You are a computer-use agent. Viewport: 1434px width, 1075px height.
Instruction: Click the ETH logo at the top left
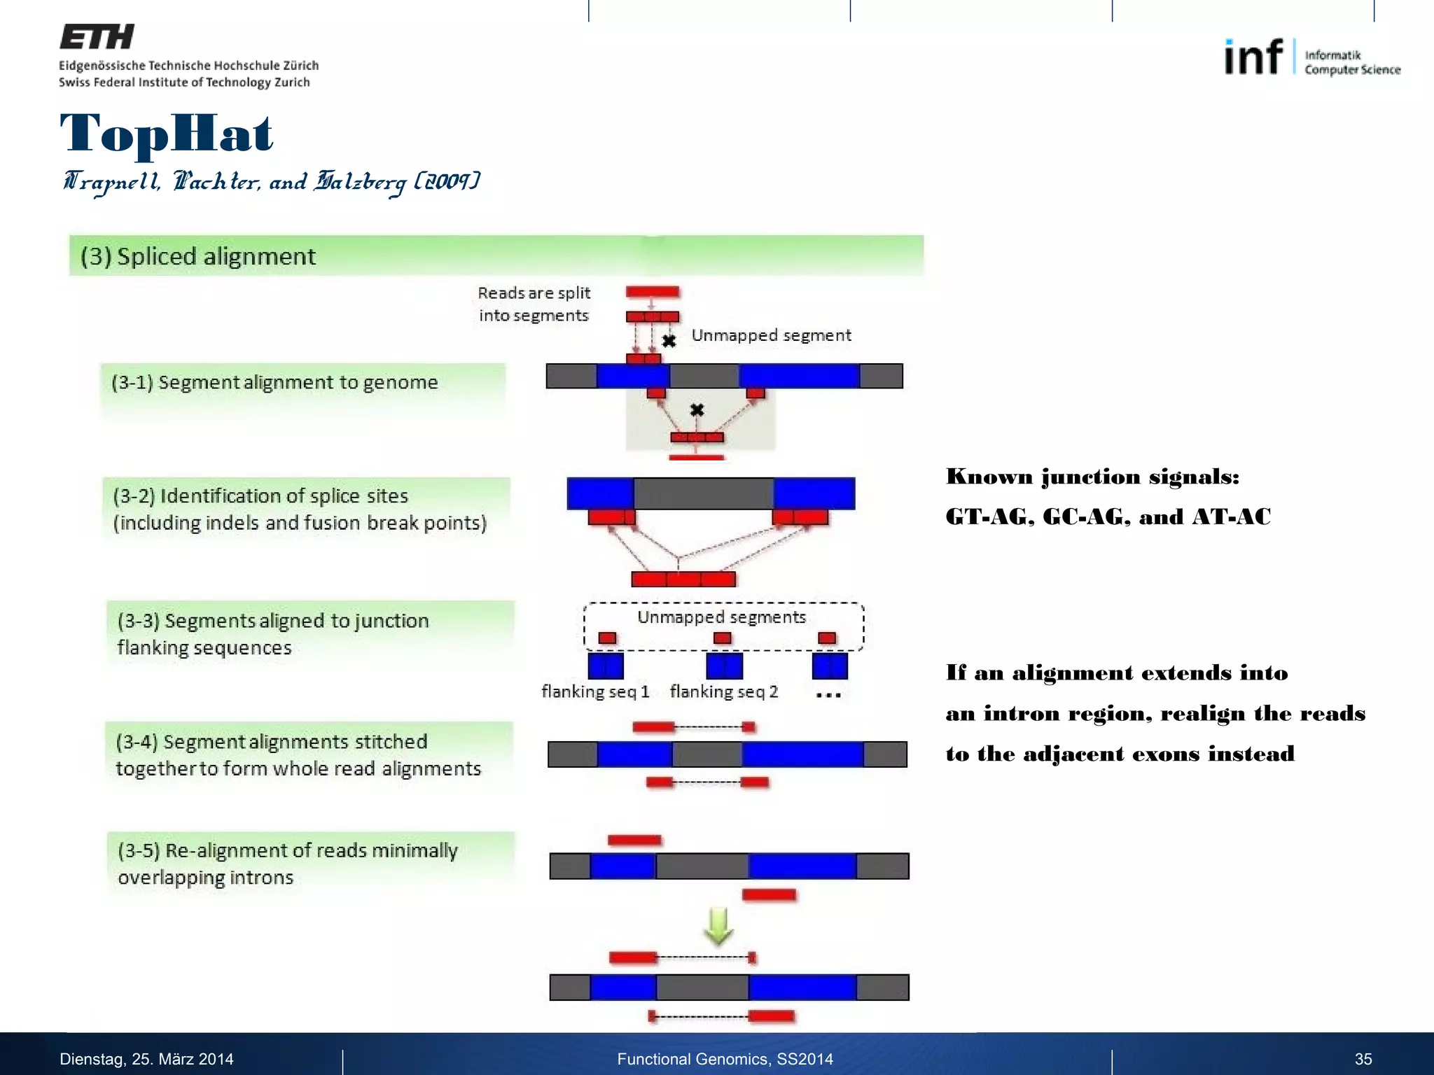coord(97,37)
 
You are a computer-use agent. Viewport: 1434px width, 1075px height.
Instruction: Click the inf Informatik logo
coord(1311,57)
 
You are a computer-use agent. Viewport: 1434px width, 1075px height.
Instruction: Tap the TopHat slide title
coord(167,133)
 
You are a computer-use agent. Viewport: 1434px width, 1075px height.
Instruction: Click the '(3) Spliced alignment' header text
coord(198,256)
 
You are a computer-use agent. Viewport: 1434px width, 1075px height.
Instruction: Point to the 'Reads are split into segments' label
coord(534,304)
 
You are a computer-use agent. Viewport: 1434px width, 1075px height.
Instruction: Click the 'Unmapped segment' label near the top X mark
coord(771,335)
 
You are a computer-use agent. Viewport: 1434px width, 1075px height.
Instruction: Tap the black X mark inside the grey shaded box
coord(697,410)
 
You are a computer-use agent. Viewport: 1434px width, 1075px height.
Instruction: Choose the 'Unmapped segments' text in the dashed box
coord(721,617)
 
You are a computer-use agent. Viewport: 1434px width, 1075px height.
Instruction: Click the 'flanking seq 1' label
coord(595,691)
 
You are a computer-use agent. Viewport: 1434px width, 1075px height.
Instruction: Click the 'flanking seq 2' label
coord(723,691)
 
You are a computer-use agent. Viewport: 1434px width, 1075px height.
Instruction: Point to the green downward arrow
coord(718,926)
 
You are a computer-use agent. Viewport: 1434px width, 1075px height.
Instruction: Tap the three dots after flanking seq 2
coord(828,695)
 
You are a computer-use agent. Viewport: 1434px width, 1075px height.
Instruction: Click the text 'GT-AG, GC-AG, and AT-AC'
coord(1108,517)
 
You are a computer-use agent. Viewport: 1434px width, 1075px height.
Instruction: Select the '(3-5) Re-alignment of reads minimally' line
coord(288,850)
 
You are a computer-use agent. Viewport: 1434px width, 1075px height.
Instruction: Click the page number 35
coord(1363,1059)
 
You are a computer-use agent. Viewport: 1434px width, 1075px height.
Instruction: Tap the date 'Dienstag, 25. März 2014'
coord(146,1059)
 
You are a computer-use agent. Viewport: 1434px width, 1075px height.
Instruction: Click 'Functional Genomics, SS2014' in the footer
coord(725,1059)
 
